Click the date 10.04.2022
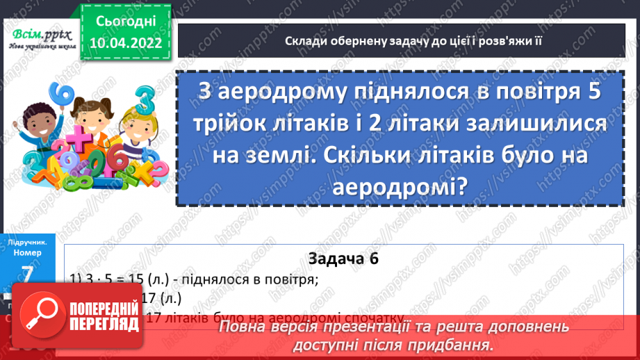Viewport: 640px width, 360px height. tap(122, 44)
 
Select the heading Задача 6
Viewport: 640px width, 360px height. tap(343, 259)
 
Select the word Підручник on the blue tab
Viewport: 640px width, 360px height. tap(27, 243)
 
